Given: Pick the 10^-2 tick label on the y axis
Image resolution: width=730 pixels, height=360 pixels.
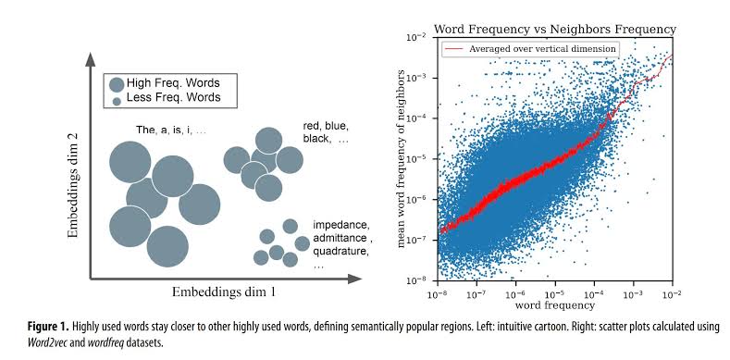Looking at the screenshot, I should click(418, 38).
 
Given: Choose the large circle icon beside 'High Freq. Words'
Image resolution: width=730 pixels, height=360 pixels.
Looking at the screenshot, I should click(116, 83).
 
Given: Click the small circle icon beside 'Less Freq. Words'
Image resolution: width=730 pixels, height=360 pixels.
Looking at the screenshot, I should click(116, 98).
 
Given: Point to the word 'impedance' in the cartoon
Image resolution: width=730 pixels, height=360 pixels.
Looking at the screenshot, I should click(340, 225).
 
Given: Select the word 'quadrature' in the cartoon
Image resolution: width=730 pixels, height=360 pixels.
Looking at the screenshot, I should click(341, 251).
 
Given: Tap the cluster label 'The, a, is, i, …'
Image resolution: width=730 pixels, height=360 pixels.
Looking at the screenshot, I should click(171, 130).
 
